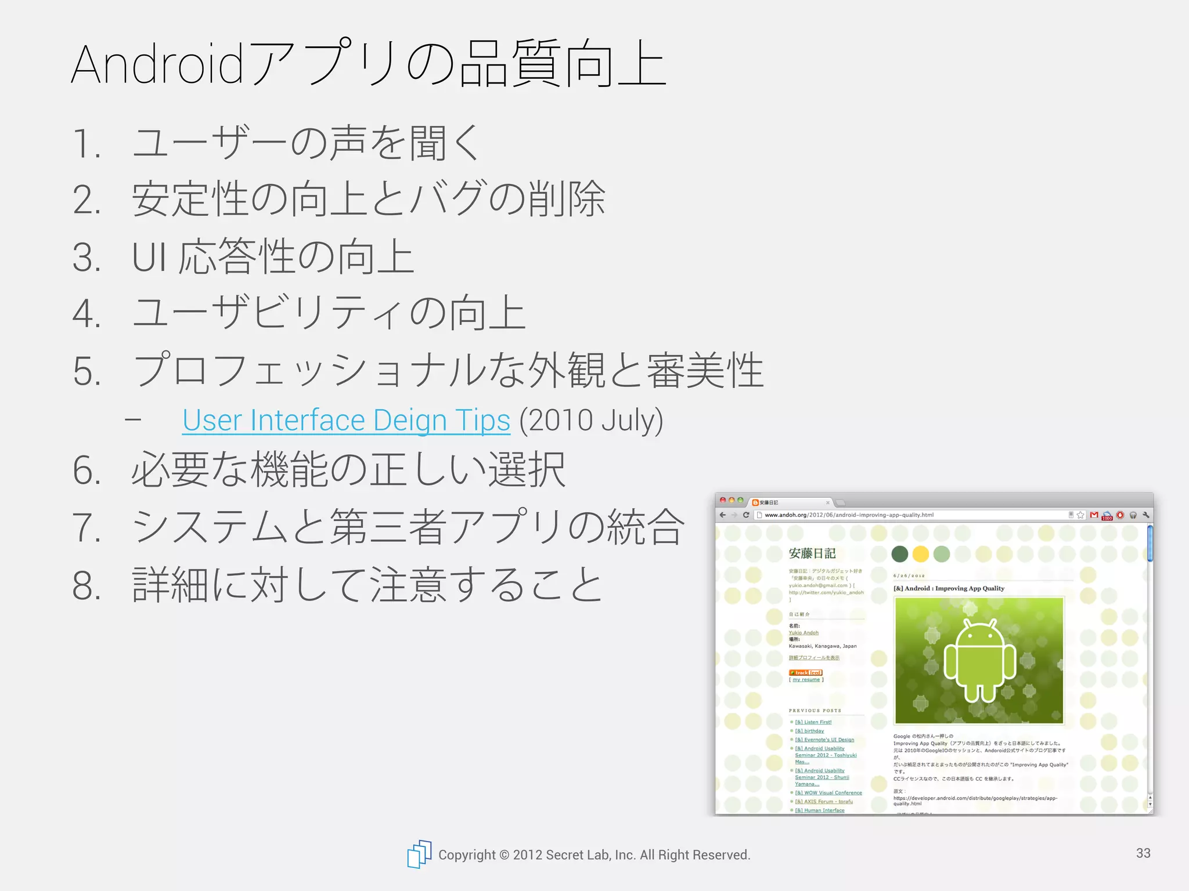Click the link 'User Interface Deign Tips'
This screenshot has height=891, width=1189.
tap(346, 421)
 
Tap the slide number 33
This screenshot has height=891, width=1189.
tap(1143, 853)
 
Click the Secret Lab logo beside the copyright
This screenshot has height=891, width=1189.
tap(419, 854)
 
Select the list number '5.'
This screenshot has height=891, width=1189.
tap(87, 371)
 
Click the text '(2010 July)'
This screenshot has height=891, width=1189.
tap(591, 421)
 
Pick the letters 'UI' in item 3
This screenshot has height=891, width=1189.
tap(149, 257)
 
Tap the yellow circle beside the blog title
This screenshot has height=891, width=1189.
tap(920, 554)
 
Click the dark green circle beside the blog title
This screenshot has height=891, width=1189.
tap(899, 554)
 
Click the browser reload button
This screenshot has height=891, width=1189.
tap(746, 515)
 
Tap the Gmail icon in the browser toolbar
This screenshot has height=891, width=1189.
tap(1094, 515)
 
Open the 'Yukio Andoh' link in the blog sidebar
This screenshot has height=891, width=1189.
tap(804, 633)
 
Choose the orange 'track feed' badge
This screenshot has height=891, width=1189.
tap(805, 672)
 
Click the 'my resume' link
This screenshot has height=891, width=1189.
tap(806, 679)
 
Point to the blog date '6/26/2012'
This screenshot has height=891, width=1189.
tap(909, 576)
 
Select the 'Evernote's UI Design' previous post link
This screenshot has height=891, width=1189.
tap(824, 740)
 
